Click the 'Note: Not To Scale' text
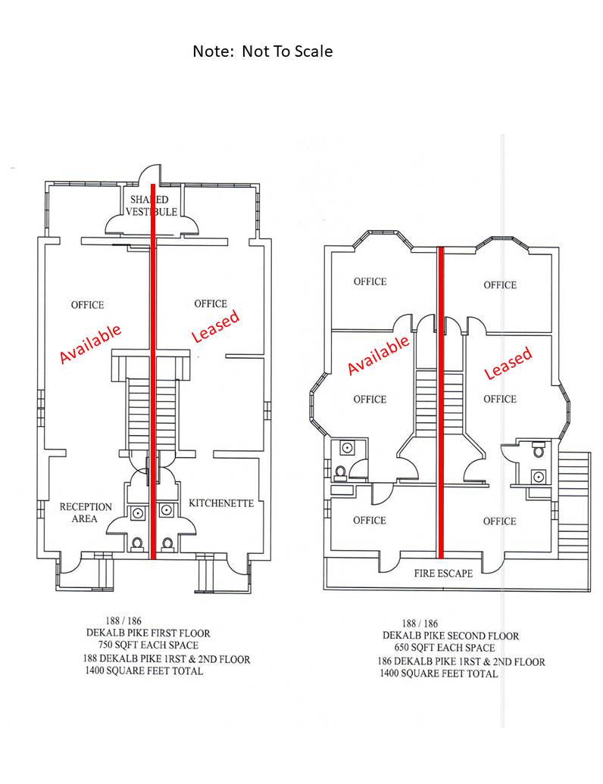(262, 51)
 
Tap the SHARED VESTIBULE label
(151, 206)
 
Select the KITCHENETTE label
(221, 503)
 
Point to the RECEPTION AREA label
(86, 512)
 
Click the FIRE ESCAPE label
(443, 573)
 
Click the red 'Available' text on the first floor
(90, 343)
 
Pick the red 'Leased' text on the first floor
(216, 326)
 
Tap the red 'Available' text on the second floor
(378, 354)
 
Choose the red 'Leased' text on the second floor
(508, 362)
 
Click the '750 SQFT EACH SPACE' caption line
(148, 645)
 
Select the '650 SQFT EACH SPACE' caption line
(445, 648)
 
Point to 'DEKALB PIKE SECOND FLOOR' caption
(451, 636)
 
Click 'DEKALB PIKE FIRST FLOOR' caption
(148, 633)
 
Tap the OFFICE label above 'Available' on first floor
(88, 305)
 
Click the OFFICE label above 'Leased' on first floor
(211, 303)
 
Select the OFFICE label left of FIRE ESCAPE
(370, 521)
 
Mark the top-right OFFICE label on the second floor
(500, 285)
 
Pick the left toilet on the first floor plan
(137, 543)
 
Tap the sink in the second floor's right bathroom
(539, 477)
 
